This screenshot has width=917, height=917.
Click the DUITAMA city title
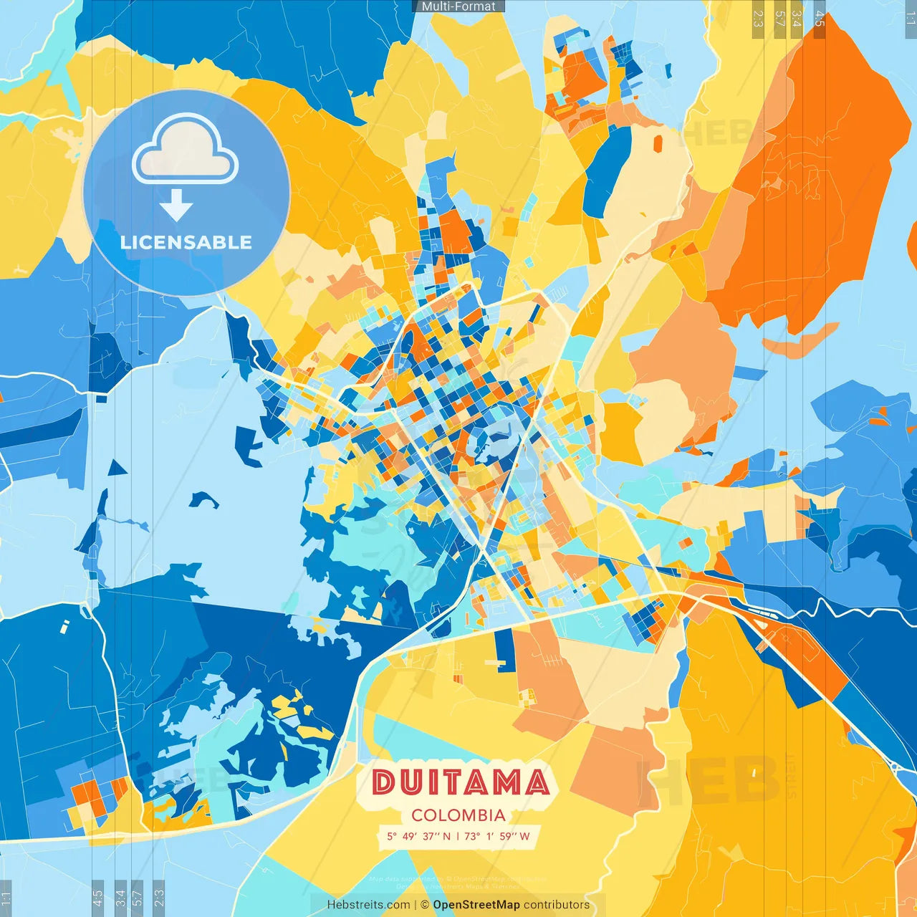[461, 782]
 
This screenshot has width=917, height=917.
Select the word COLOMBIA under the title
[458, 815]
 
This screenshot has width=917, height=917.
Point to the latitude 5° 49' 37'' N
[418, 836]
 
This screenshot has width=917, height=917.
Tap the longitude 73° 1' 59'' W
[497, 836]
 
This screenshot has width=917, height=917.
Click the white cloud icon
[185, 149]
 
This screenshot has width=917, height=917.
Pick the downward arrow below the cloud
[176, 205]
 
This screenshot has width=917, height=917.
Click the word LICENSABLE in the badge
[186, 242]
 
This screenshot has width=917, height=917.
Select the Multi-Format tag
[458, 6]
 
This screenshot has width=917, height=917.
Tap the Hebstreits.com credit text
[368, 905]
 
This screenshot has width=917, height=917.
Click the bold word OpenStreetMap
[476, 905]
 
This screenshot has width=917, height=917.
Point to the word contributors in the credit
[557, 905]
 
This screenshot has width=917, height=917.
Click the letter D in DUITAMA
[385, 782]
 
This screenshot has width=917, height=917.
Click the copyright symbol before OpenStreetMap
[425, 905]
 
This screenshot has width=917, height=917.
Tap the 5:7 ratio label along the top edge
[779, 19]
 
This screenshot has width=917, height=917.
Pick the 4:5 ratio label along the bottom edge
[97, 898]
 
